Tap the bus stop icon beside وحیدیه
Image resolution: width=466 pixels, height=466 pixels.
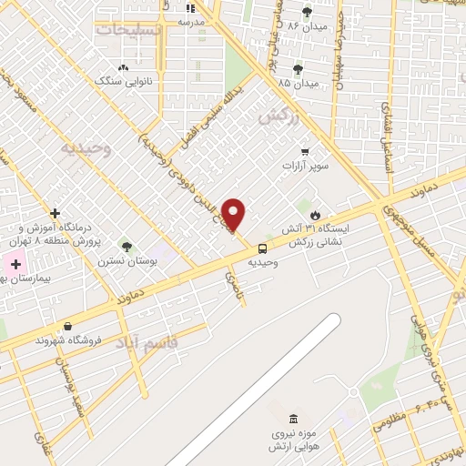(262, 248)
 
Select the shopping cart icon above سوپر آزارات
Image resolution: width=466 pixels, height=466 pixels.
(305, 152)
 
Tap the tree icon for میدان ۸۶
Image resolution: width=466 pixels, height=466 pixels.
(306, 12)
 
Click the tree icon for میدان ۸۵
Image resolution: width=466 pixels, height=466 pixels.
(298, 69)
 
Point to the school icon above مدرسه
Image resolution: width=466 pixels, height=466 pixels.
(190, 8)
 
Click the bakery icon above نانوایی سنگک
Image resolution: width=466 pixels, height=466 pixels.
(124, 67)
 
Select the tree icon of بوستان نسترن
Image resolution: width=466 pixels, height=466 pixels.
(127, 247)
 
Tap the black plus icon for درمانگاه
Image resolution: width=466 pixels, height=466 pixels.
(56, 212)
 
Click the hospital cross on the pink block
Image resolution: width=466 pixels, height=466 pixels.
(15, 264)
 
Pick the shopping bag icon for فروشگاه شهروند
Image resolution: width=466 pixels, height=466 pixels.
(67, 326)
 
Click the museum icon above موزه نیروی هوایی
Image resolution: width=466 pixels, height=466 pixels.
(292, 419)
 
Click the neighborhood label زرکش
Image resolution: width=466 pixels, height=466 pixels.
(279, 116)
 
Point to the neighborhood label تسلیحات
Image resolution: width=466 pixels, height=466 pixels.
(129, 29)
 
